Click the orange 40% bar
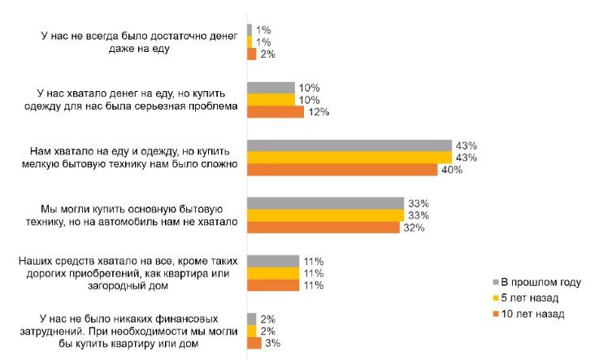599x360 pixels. pos(343,170)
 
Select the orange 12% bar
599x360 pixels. pos(275,111)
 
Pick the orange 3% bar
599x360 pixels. pos(254,344)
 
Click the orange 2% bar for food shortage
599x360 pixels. pos(251,54)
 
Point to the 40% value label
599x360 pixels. pos(454,170)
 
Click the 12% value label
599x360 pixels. pos(318,111)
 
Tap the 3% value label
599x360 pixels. pos(274,344)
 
